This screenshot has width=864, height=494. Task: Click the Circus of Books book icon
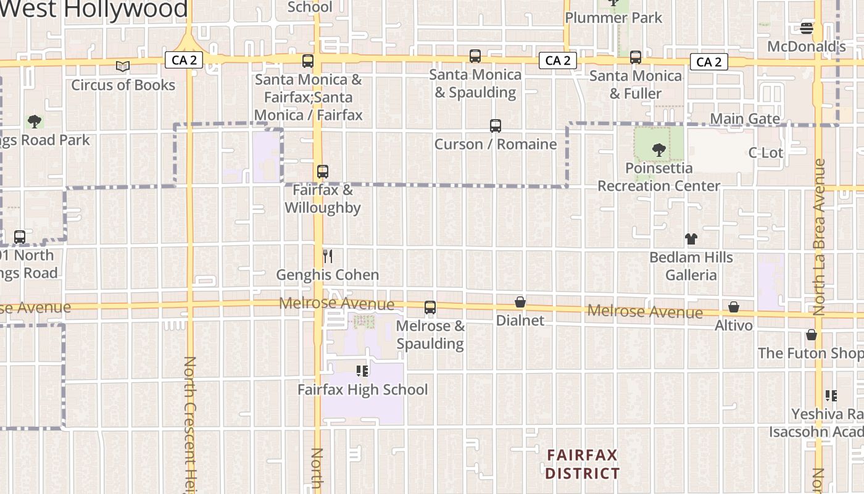pos(123,66)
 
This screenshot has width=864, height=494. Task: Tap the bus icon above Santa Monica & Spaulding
pos(475,56)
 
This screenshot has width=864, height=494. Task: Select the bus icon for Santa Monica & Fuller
pos(635,57)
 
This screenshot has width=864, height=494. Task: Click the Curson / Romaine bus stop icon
pos(495,126)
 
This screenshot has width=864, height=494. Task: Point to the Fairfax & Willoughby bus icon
pos(322,172)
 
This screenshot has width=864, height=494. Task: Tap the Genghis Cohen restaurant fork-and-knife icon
pos(328,256)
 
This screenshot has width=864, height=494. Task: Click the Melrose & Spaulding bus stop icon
pos(430,308)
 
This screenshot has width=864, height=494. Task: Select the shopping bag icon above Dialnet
pos(520,302)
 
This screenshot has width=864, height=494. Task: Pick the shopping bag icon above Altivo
pos(733,307)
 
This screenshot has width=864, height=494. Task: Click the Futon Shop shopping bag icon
pos(811,335)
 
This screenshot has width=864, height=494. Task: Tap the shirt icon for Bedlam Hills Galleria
pos(691,239)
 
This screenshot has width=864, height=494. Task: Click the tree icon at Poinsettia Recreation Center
pos(658,149)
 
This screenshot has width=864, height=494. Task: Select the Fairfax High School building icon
pos(362,371)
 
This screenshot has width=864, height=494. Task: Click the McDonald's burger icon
pos(806,28)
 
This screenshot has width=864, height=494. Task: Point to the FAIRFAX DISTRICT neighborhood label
pos(582,464)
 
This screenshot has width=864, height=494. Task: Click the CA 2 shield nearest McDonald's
pos(708,62)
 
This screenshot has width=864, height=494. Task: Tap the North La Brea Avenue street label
pos(819,238)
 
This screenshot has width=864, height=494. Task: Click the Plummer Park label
pos(613,18)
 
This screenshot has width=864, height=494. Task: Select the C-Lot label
pos(765,153)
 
